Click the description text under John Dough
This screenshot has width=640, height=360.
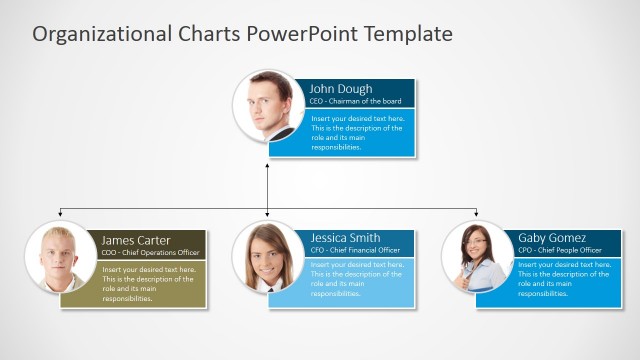pyautogui.click(x=357, y=133)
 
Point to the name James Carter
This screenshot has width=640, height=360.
pyautogui.click(x=136, y=240)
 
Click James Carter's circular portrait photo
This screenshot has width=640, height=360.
pyautogui.click(x=60, y=257)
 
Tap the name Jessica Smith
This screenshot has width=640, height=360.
pyautogui.click(x=345, y=238)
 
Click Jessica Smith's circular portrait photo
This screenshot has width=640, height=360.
pyautogui.click(x=268, y=257)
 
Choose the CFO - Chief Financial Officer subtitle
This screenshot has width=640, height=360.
pyautogui.click(x=355, y=250)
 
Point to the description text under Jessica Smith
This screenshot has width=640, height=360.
pyautogui.click(x=357, y=280)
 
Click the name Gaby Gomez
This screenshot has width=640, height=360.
pyautogui.click(x=553, y=238)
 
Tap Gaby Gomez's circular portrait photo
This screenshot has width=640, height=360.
pyautogui.click(x=477, y=257)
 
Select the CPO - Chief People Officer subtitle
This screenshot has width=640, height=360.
pyautogui.click(x=560, y=250)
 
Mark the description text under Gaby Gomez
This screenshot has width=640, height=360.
pyautogui.click(x=563, y=280)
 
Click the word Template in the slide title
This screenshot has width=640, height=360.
pyautogui.click(x=408, y=34)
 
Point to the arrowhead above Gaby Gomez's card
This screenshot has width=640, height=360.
pyautogui.click(x=476, y=214)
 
